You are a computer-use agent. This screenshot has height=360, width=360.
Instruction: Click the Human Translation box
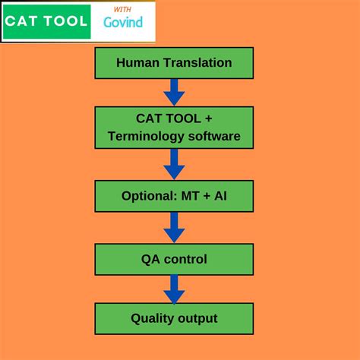(174, 62)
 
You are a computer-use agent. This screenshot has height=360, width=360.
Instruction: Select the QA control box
(174, 259)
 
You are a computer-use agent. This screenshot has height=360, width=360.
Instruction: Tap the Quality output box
(174, 318)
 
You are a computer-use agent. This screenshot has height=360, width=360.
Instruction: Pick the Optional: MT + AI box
(174, 196)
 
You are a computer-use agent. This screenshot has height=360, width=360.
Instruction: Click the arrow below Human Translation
(174, 91)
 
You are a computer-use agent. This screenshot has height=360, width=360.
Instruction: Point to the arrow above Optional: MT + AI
(174, 163)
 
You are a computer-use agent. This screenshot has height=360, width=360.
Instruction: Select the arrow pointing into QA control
(174, 226)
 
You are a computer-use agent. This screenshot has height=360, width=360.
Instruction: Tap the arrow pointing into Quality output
(174, 288)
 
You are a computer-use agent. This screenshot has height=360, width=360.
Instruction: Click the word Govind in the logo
(122, 22)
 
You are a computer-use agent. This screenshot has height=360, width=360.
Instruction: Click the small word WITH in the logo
(121, 9)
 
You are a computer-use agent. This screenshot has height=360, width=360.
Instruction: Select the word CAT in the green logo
(22, 21)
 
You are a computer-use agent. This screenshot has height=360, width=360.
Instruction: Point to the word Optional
(148, 196)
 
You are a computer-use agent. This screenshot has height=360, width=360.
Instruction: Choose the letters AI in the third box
(219, 196)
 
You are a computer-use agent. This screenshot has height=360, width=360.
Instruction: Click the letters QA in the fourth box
(150, 259)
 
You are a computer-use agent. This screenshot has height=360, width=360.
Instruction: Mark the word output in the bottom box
(197, 318)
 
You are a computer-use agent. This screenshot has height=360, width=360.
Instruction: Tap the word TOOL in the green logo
(65, 21)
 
